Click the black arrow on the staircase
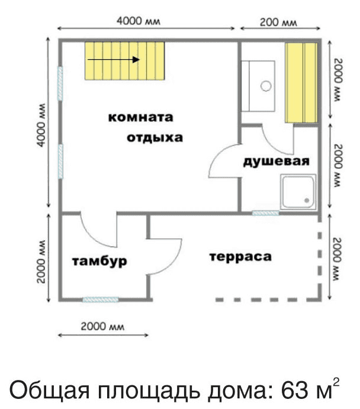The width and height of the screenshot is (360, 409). coord(114,60)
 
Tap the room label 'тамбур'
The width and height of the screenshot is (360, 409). coord(99,261)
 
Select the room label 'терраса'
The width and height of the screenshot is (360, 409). coord(240,257)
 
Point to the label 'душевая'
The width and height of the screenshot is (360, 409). coord(276,161)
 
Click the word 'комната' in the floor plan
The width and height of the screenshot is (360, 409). coord(141,117)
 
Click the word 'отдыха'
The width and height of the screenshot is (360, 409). coord(155,138)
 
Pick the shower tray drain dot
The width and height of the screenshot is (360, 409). coord(307,200)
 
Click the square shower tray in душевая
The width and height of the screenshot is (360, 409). coord(298,191)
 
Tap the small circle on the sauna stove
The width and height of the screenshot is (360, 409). coord(266,86)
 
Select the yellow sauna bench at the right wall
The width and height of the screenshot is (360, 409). coord(301,82)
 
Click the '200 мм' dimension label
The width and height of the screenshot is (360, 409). coord(278,22)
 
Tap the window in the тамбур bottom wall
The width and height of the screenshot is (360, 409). coord(101,300)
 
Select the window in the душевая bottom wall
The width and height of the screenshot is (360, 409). coord(265,213)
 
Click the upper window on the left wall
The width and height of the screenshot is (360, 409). coord(60,84)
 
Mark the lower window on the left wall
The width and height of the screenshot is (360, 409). coord(60,161)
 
